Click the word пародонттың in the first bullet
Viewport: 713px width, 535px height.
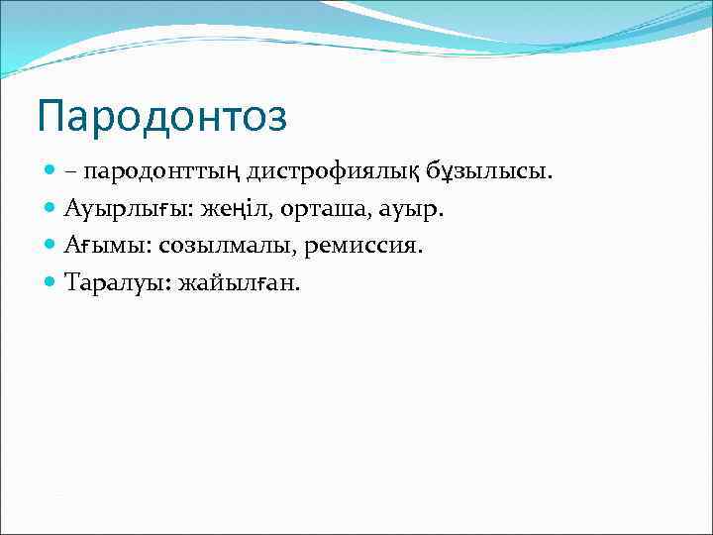click(161, 172)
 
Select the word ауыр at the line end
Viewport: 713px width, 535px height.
click(417, 209)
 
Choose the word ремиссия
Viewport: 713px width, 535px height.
click(363, 246)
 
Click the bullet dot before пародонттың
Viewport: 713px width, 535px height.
click(51, 172)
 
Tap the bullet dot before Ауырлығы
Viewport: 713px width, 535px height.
click(51, 209)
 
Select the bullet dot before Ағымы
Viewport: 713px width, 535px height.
click(51, 246)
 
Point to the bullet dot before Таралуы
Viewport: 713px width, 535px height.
click(51, 282)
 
